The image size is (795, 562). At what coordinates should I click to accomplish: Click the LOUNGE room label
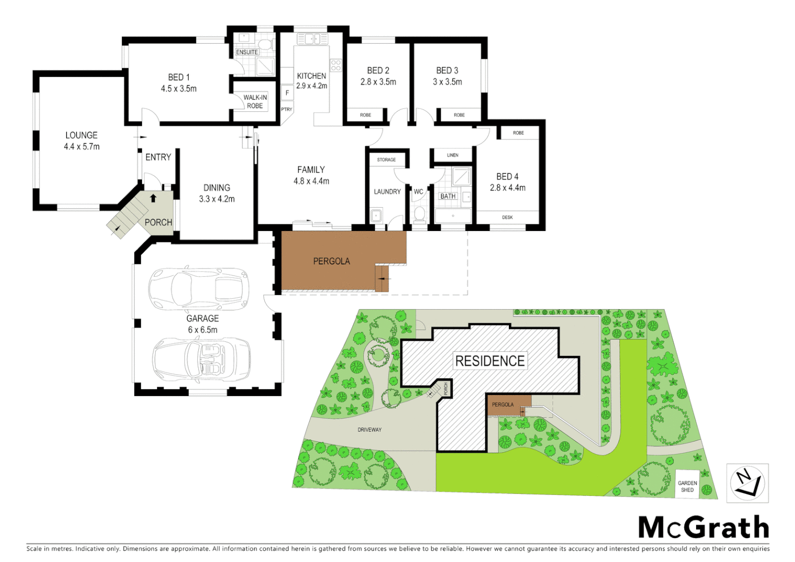pos(81,135)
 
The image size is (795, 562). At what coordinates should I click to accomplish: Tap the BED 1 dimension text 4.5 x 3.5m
pos(178,89)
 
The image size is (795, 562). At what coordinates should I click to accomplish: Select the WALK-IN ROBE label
pos(255,101)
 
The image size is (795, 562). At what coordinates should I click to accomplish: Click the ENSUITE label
pos(247,52)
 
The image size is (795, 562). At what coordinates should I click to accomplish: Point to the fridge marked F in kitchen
pos(287,93)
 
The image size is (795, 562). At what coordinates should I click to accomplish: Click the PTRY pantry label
pos(287,109)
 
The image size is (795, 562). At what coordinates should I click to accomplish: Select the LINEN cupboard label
pos(453,155)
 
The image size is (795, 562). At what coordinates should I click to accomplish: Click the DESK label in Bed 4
pos(507,218)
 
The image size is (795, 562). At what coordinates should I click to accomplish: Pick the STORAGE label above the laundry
pos(386,160)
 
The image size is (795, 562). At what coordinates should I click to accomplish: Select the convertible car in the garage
pos(201,359)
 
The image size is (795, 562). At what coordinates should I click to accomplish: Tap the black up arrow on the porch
pos(153,198)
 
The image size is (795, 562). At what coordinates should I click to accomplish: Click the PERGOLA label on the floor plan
pos(331,261)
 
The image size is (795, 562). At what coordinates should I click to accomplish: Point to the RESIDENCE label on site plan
pos(490,361)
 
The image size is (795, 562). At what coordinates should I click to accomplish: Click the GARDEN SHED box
pos(687,486)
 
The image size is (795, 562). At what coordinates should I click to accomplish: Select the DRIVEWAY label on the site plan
pos(369,430)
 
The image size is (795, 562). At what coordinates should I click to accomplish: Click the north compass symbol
pos(747,483)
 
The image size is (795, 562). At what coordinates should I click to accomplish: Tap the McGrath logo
pos(703,528)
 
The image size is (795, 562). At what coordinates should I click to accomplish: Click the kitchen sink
pos(312,39)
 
